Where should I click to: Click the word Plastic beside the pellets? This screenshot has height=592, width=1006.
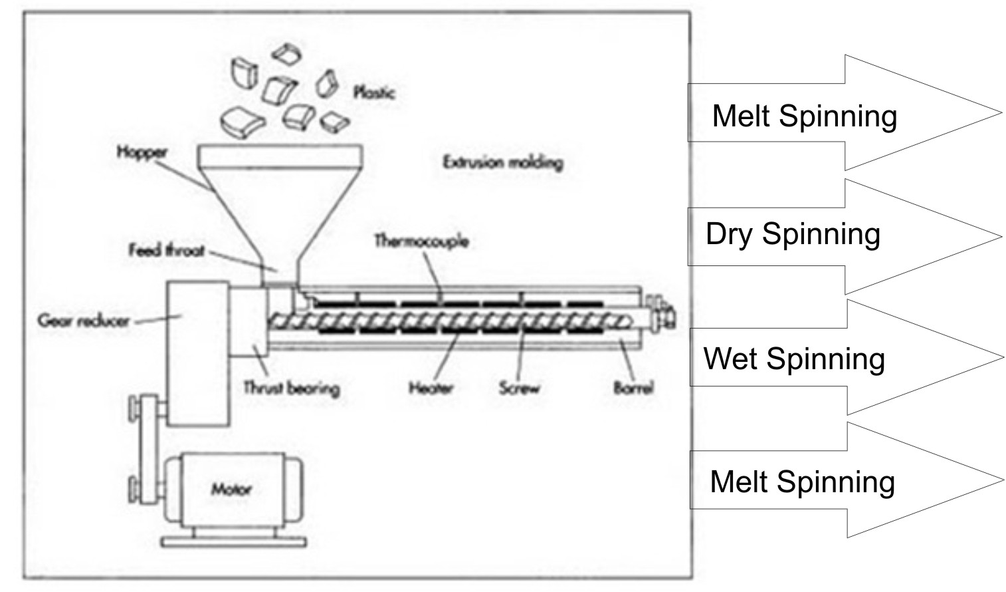[374, 92]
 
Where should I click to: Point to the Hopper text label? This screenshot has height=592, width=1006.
[142, 152]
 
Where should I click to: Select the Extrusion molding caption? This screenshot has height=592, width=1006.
[503, 162]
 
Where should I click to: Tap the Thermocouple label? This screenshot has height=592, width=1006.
[421, 240]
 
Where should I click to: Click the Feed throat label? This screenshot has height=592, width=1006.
[166, 251]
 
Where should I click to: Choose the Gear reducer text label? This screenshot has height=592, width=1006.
[83, 321]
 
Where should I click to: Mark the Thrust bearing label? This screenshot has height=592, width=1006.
[291, 388]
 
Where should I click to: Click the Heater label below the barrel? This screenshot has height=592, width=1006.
[431, 388]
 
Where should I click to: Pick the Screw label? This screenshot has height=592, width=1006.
[519, 388]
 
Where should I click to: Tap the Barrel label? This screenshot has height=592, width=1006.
[633, 388]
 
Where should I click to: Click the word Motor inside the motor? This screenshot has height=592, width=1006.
[231, 490]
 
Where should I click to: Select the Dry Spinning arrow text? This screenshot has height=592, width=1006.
[793, 234]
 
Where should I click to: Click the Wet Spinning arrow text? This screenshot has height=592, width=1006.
[794, 359]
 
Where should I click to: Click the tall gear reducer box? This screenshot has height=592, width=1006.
[197, 353]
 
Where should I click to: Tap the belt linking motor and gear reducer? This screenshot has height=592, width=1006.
[145, 446]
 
